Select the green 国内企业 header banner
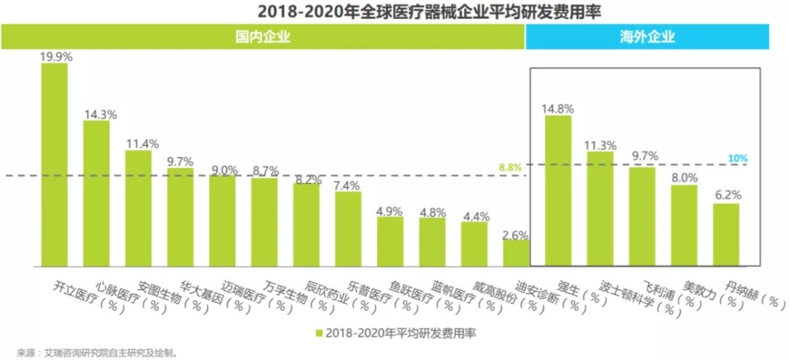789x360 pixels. (263, 36)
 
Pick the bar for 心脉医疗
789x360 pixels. (96, 193)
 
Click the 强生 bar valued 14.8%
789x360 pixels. (559, 190)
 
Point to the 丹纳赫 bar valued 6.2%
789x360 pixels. (727, 234)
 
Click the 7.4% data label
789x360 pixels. (347, 186)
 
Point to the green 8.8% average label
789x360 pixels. (510, 167)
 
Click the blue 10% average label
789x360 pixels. (738, 159)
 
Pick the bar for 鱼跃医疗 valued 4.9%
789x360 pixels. (390, 241)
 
